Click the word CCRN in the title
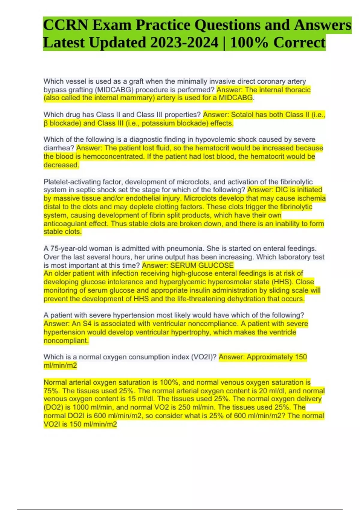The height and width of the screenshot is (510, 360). (x=65, y=25)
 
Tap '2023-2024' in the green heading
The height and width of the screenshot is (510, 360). (x=184, y=43)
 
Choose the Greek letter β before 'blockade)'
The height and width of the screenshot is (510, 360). (x=46, y=123)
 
